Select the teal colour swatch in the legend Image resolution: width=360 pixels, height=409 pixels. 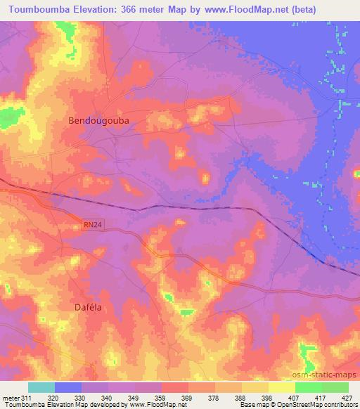41,387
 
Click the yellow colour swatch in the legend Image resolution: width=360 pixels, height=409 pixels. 282,387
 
